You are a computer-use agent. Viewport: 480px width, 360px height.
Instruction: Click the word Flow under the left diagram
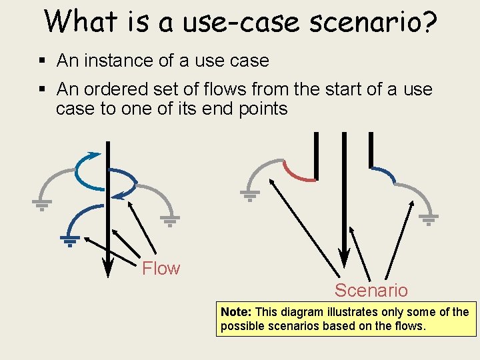tap(161, 269)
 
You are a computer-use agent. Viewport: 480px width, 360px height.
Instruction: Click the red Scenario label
tap(371, 291)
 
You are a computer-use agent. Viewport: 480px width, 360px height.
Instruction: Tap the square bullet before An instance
tap(42, 61)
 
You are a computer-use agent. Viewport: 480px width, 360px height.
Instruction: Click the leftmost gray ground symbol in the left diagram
tap(41, 205)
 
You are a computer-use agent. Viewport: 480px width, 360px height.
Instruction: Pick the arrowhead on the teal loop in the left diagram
tap(95, 155)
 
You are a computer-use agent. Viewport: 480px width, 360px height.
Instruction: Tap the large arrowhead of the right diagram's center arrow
tap(343, 257)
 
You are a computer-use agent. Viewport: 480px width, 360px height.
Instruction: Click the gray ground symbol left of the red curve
tap(250, 195)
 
